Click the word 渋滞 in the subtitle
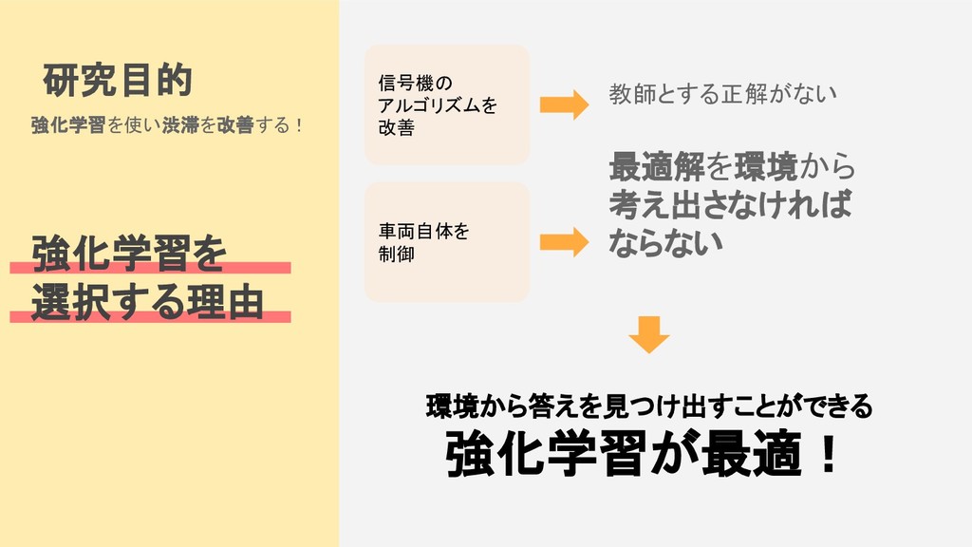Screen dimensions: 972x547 click(x=180, y=125)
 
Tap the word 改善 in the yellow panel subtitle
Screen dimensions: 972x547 click(x=234, y=125)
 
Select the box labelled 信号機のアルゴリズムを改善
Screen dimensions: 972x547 click(x=446, y=104)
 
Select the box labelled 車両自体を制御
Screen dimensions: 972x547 click(x=446, y=242)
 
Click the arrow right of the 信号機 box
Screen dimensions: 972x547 click(x=564, y=104)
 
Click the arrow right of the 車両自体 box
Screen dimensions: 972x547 click(x=564, y=242)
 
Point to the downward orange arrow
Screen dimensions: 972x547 click(x=649, y=333)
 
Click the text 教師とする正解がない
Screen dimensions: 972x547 click(x=722, y=94)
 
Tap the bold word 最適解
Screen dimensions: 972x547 click(x=656, y=167)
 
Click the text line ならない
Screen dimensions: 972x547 click(x=665, y=241)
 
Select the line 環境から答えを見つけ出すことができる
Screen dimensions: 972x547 click(x=648, y=407)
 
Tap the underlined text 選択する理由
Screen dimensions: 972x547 click(x=147, y=303)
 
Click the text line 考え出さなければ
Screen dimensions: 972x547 click(x=729, y=204)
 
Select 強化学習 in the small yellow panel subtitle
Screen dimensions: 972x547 click(x=67, y=125)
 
